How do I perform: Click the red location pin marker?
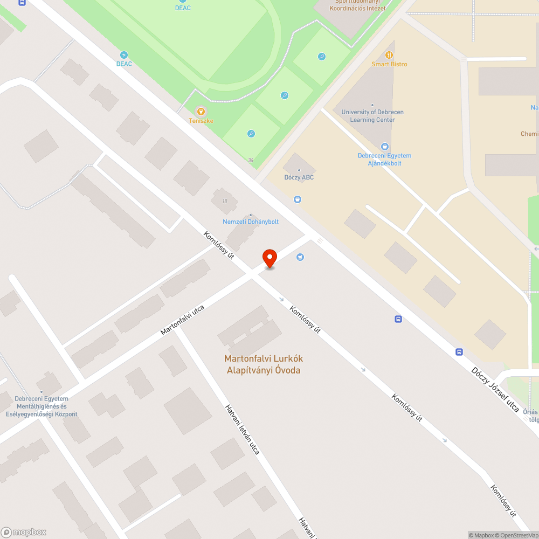[x=269, y=258]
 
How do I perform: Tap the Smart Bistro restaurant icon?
[x=389, y=55]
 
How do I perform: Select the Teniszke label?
[x=201, y=121]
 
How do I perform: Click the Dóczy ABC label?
[x=299, y=177]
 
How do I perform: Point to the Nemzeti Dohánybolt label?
[x=251, y=222]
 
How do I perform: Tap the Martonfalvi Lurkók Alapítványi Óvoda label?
[x=264, y=364]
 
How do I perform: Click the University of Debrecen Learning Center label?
[x=372, y=116]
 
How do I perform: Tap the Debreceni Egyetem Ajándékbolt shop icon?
[x=384, y=146]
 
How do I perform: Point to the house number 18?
[x=224, y=201]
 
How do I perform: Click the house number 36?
[x=251, y=160]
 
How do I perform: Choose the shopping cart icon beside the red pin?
[x=300, y=257]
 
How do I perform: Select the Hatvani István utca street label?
[x=243, y=429]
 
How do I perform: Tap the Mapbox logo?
[x=24, y=532]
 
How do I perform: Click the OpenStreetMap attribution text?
[x=514, y=535]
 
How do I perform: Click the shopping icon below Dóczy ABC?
[x=297, y=200]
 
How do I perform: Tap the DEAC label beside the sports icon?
[x=124, y=64]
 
